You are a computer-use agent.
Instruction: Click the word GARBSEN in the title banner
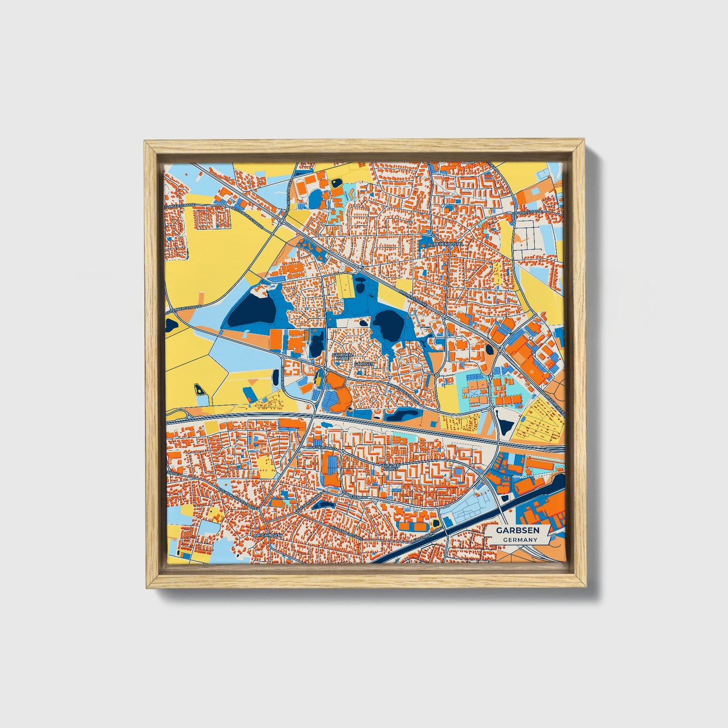point(517,531)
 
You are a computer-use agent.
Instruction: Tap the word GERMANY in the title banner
point(520,540)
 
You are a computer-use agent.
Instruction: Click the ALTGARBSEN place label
point(267,535)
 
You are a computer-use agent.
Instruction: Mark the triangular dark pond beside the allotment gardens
point(504,423)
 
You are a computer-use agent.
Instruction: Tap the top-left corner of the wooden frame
point(146,143)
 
